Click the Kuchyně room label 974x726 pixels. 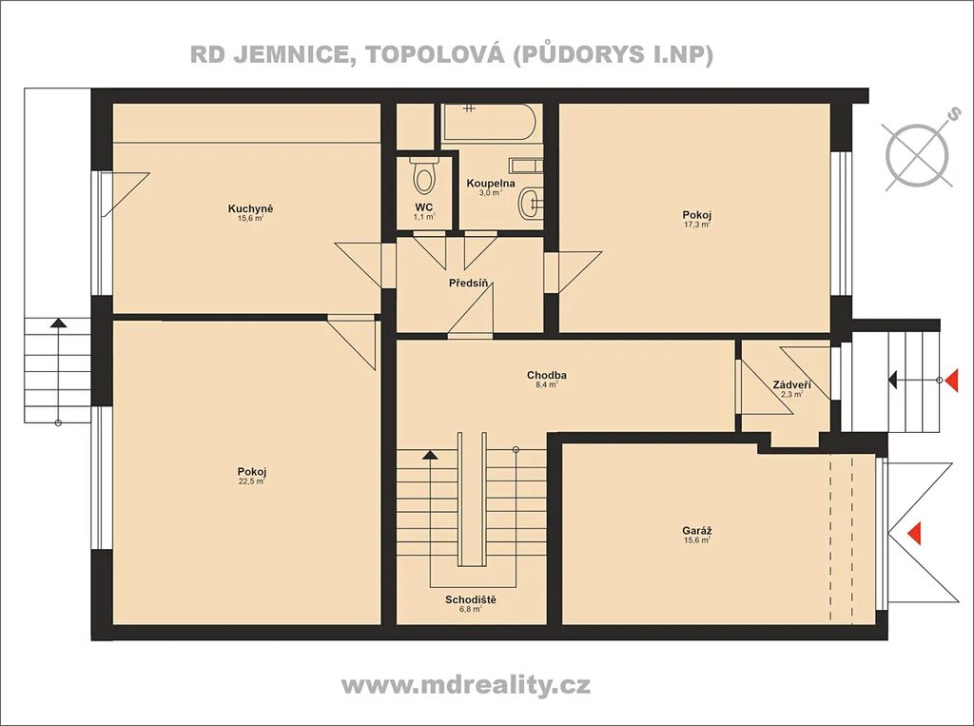tap(250, 208)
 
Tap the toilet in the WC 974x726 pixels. tap(424, 175)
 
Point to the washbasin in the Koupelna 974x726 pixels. tap(531, 202)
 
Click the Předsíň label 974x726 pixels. tap(468, 284)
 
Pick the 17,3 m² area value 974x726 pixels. tap(696, 225)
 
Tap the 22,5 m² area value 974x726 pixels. tap(252, 481)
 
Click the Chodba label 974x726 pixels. tap(547, 375)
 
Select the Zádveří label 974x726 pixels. tap(792, 384)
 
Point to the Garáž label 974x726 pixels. tap(697, 531)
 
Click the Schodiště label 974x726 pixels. tap(470, 599)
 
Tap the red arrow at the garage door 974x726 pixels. tap(914, 533)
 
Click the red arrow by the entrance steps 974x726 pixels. tap(951, 380)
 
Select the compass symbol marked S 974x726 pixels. tap(918, 152)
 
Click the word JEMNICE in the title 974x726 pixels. tap(289, 54)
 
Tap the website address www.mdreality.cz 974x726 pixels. tap(466, 685)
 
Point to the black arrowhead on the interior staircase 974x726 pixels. tap(430, 455)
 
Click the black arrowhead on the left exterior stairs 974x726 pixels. tap(58, 323)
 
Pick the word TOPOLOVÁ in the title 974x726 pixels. tap(436, 53)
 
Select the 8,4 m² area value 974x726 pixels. tap(547, 384)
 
